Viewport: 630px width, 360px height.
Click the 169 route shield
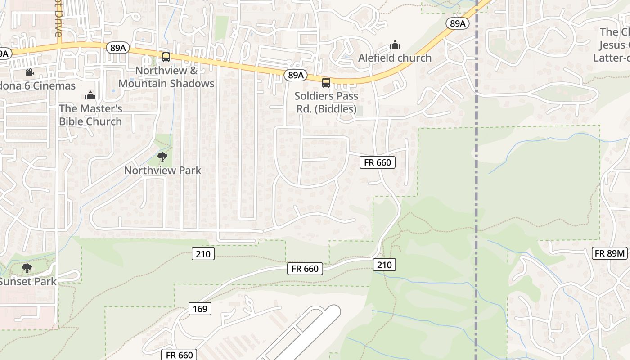pos(200,309)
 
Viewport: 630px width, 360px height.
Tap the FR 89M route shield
pos(610,253)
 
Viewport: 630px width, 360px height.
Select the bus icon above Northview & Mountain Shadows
pos(166,57)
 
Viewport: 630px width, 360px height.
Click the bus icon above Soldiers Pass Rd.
pos(326,83)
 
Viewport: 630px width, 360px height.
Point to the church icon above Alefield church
pos(395,45)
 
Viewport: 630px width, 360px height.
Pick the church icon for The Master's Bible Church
pos(90,96)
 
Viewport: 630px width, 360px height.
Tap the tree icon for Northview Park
pos(162,157)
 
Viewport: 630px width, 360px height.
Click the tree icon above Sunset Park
pos(27,269)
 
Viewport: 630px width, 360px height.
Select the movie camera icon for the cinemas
pos(30,72)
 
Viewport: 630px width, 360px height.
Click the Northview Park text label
pos(162,171)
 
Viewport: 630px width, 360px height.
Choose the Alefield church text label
pos(395,58)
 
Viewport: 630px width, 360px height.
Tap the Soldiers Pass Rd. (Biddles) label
pos(326,103)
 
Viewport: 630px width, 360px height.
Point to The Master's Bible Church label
pos(90,115)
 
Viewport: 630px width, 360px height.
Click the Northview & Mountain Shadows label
pos(166,77)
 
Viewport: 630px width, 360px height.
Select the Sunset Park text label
pos(28,282)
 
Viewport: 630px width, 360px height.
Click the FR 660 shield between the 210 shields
pos(305,269)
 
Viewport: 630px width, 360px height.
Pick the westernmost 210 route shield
pos(203,254)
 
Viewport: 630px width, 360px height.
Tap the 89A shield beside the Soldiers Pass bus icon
pos(296,75)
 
